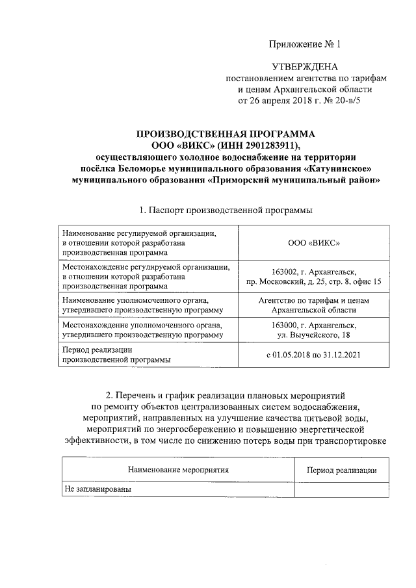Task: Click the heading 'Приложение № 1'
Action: click(305, 45)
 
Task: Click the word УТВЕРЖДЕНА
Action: click(305, 67)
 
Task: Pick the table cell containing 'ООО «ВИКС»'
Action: click(315, 242)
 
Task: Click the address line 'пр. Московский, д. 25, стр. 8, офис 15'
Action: click(315, 282)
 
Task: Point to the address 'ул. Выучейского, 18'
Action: click(315, 335)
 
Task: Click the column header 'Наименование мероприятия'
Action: click(179, 470)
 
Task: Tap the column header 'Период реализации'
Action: click(342, 470)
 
